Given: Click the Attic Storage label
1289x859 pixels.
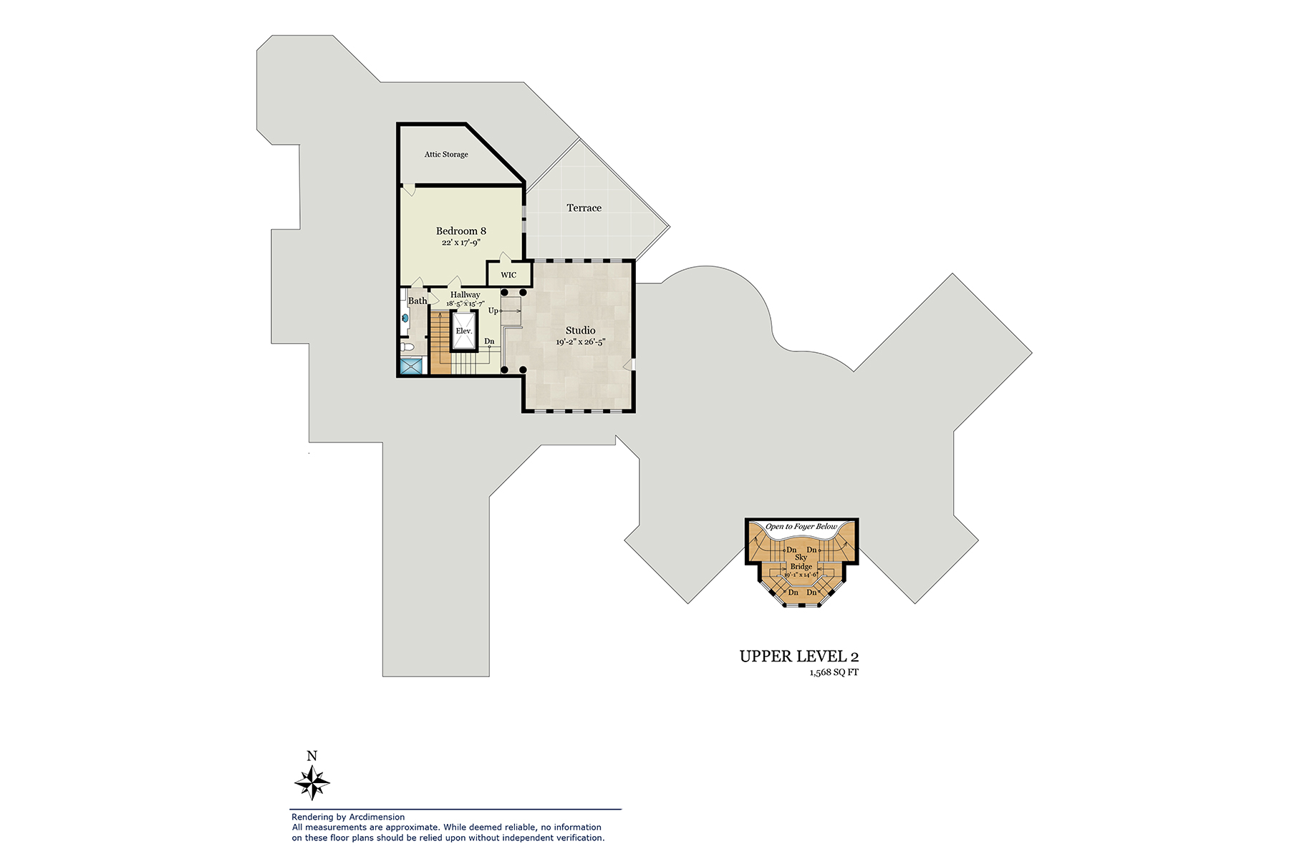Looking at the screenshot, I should click(446, 155).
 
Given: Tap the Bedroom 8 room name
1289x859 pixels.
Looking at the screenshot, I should click(460, 231).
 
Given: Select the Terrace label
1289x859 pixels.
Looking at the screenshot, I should click(584, 208).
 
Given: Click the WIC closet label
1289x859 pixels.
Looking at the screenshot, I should click(508, 275).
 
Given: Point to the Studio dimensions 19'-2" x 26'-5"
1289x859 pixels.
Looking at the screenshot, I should click(580, 342).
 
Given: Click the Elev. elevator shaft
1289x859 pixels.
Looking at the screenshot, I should click(464, 331).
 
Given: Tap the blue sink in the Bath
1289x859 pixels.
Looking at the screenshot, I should click(404, 319).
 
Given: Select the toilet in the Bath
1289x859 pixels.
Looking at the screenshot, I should click(406, 347).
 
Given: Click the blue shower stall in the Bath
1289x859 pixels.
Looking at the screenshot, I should click(412, 367).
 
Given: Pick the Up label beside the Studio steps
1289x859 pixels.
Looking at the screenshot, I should click(493, 311).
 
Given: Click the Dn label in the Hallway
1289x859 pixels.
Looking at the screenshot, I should click(489, 341).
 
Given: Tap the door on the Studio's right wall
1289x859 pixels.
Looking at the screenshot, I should click(629, 364).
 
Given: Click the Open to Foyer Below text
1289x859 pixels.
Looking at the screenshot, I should click(801, 527).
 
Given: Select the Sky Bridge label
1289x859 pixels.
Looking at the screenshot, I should click(801, 562).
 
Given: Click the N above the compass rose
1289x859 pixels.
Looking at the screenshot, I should click(312, 757).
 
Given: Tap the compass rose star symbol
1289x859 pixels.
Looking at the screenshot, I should click(312, 782).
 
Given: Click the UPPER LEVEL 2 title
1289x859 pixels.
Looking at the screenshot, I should click(798, 656).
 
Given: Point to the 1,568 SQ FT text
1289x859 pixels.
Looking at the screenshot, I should click(834, 673).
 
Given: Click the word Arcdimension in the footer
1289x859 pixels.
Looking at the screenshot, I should click(377, 817).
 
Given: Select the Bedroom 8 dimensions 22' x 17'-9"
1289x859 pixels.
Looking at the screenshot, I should click(460, 243).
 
